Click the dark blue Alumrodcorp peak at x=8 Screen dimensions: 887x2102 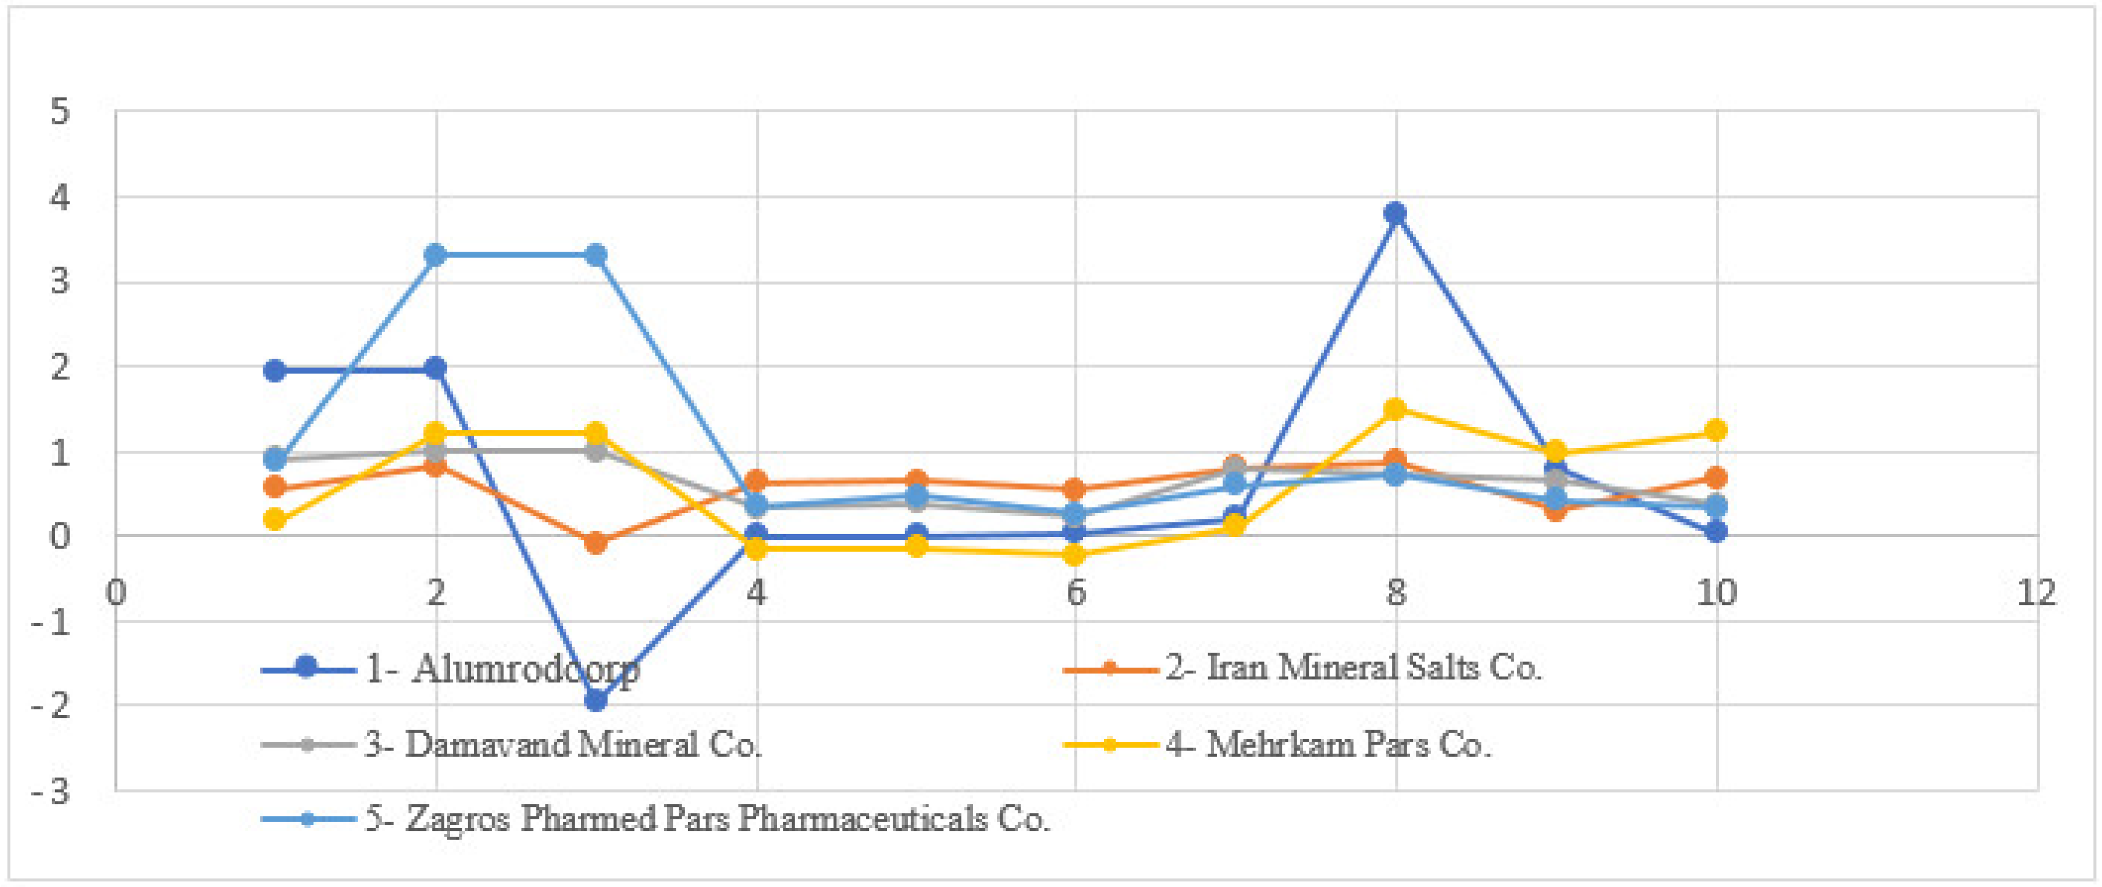coord(1396,214)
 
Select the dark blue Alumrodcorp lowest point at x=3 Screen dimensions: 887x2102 coord(596,700)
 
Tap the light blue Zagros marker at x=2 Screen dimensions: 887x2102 coord(436,255)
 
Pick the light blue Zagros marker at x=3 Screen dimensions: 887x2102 coord(596,255)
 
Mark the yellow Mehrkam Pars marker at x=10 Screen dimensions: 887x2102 coord(1716,430)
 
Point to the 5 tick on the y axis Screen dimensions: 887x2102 coord(60,112)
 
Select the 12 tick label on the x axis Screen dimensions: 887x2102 coord(2036,592)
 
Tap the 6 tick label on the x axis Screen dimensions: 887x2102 coord(1076,592)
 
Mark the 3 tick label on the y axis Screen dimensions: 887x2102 coord(60,282)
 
